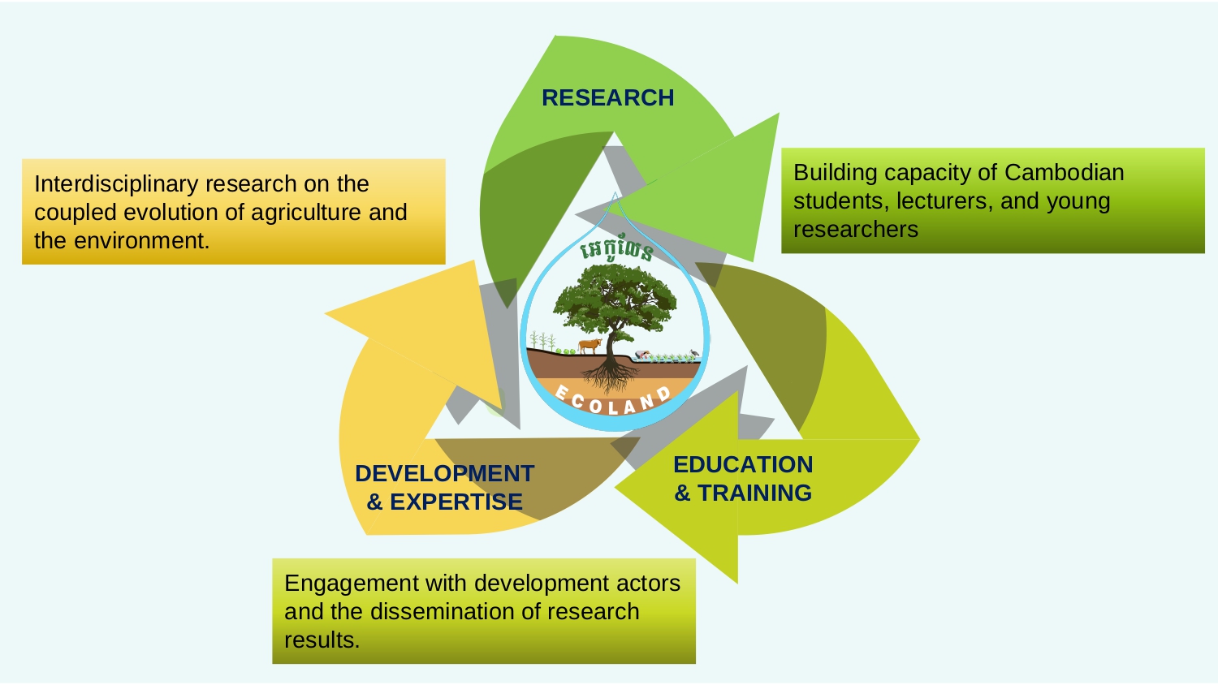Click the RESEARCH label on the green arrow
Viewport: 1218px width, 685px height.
click(x=608, y=98)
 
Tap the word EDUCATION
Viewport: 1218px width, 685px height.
click(x=743, y=465)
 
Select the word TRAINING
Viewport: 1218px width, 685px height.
click(x=754, y=493)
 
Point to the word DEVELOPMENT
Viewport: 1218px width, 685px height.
click(x=445, y=473)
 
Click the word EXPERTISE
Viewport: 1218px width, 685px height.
click(x=456, y=502)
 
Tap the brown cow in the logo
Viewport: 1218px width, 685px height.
click(x=590, y=345)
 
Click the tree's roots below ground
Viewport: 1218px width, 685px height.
click(x=610, y=375)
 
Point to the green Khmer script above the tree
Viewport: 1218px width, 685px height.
click(x=616, y=250)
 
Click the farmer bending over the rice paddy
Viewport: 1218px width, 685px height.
click(x=642, y=355)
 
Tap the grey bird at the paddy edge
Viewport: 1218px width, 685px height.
click(x=693, y=353)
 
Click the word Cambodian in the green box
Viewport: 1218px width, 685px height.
click(x=1064, y=173)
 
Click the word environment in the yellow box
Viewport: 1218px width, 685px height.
click(x=141, y=241)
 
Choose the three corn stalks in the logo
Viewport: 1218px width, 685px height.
click(x=542, y=340)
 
